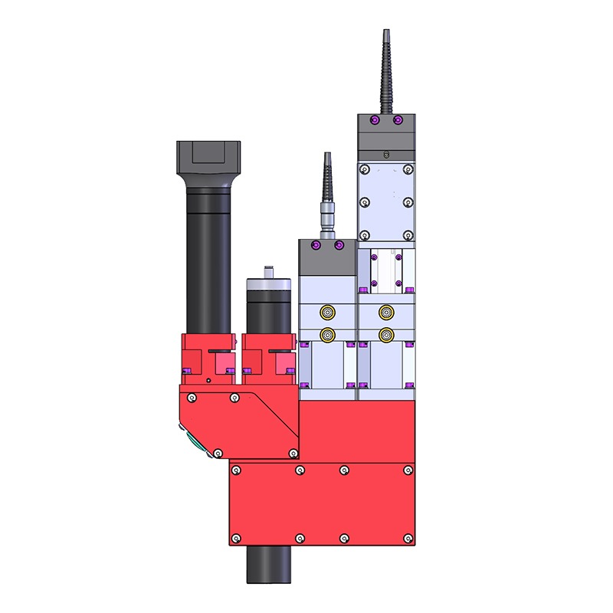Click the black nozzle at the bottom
coord(268,565)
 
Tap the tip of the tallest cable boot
coord(385,34)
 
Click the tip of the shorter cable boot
coord(327,156)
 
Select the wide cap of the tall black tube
coord(208,157)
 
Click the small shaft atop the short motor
coord(267,271)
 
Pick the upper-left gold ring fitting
coord(328,312)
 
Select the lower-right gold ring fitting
coord(386,334)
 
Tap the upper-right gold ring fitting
coord(386,312)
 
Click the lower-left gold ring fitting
coord(328,334)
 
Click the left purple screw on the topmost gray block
coord(374,120)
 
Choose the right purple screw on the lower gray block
coord(339,246)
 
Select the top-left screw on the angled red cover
coord(192,397)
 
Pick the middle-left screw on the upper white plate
coord(366,202)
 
